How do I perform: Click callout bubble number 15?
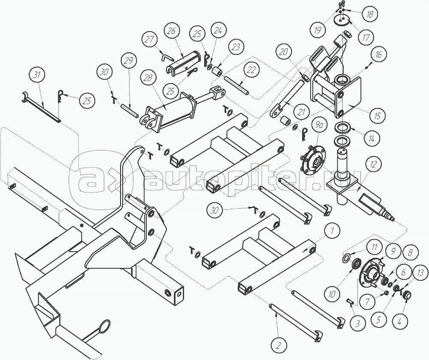tap(377, 116)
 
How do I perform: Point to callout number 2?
tap(278, 346)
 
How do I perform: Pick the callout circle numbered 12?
tap(373, 164)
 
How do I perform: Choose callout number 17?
tap(366, 37)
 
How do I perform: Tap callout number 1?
tap(332, 232)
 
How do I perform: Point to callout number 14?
tap(371, 138)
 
